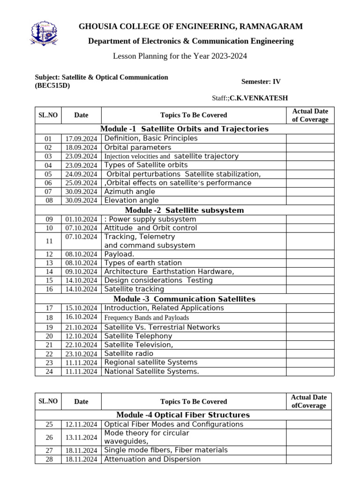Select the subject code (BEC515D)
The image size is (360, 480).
(x=52, y=86)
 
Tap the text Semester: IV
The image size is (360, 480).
(x=261, y=82)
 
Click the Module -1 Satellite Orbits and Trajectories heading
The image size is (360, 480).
(x=184, y=129)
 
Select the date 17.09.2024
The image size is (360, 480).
(x=81, y=139)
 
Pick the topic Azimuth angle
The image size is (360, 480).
(x=129, y=192)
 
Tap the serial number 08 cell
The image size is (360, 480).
(x=48, y=201)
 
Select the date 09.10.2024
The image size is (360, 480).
(x=81, y=272)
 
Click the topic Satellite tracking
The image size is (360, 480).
(x=134, y=289)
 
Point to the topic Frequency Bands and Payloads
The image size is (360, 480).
(x=146, y=318)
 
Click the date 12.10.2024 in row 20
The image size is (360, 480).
(x=81, y=336)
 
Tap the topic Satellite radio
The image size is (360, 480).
(x=128, y=353)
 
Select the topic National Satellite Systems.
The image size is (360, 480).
(x=151, y=371)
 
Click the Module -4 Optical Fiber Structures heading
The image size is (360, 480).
(x=183, y=415)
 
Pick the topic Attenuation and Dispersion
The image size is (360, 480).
(x=152, y=459)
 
